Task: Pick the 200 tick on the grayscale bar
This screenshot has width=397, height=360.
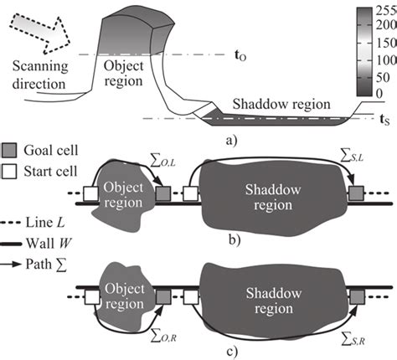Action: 380,26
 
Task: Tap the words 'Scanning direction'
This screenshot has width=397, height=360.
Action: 37,75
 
